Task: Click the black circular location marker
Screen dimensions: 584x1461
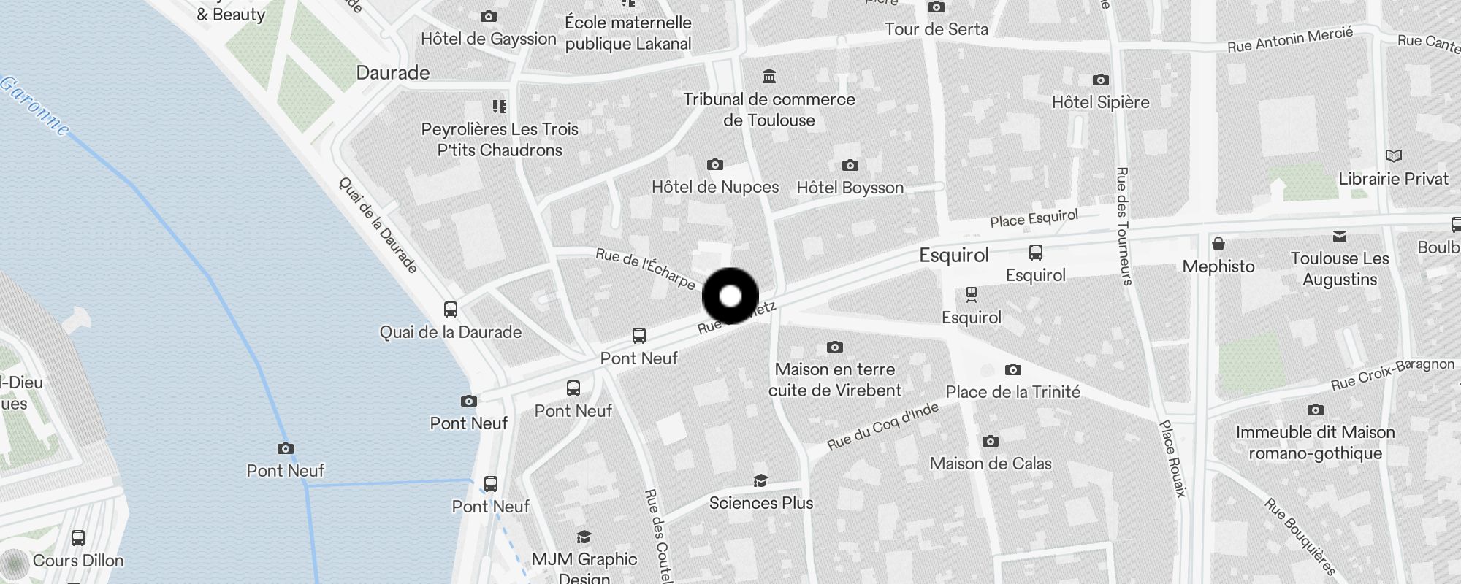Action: pyautogui.click(x=730, y=296)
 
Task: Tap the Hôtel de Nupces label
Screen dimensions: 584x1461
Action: pyautogui.click(x=715, y=187)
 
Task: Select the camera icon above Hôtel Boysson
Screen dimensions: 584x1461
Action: pyautogui.click(x=850, y=166)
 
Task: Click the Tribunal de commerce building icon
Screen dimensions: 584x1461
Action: pyautogui.click(x=768, y=77)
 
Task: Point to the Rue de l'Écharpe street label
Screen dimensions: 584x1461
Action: pyautogui.click(x=645, y=268)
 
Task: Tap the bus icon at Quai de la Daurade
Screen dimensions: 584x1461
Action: pyautogui.click(x=451, y=310)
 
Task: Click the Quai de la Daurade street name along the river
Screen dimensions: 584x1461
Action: pyautogui.click(x=378, y=225)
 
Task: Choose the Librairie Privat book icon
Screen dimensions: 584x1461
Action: pyautogui.click(x=1393, y=156)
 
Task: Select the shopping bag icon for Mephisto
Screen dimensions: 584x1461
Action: pyautogui.click(x=1218, y=244)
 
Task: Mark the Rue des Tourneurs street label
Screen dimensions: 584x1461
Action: pyautogui.click(x=1124, y=226)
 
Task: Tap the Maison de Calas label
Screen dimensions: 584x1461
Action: pyautogui.click(x=991, y=464)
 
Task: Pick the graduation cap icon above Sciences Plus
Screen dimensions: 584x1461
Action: pyautogui.click(x=760, y=480)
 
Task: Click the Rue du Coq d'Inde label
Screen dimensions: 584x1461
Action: pyautogui.click(x=882, y=426)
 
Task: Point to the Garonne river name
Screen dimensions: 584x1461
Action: pyautogui.click(x=35, y=107)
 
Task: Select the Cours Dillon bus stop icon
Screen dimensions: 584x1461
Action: pyautogui.click(x=78, y=539)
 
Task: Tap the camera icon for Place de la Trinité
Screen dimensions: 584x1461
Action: pyautogui.click(x=1012, y=370)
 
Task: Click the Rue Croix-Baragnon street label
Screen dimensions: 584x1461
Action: pyautogui.click(x=1392, y=374)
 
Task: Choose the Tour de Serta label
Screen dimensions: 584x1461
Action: pyautogui.click(x=937, y=29)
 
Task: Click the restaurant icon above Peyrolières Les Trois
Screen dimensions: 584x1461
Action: pyautogui.click(x=500, y=107)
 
